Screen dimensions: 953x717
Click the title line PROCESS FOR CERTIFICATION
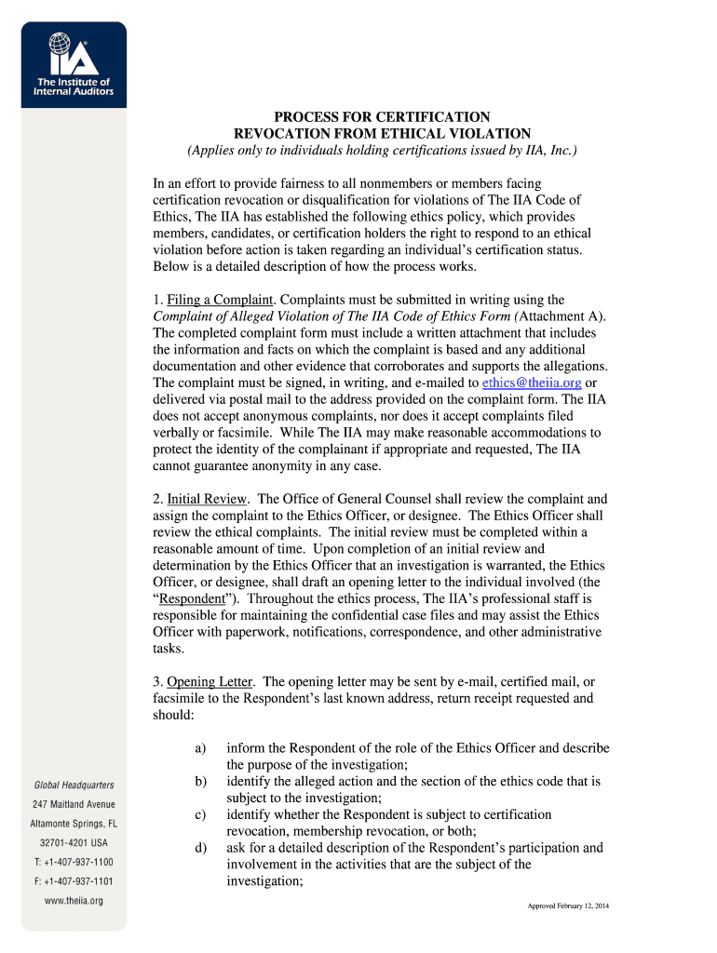[x=381, y=117]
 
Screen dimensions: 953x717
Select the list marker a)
[x=200, y=747]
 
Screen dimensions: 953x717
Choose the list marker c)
[x=200, y=814]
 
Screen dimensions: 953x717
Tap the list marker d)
[x=200, y=848]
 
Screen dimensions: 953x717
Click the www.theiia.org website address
[x=74, y=901]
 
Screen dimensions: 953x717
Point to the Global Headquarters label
[x=74, y=785]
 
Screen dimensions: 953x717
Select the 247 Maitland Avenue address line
[x=74, y=804]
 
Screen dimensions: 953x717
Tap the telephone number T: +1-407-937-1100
[x=74, y=863]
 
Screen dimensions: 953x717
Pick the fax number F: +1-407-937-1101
[x=74, y=881]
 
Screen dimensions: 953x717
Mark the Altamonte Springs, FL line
[x=74, y=824]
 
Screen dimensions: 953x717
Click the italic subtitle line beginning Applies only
[x=381, y=151]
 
